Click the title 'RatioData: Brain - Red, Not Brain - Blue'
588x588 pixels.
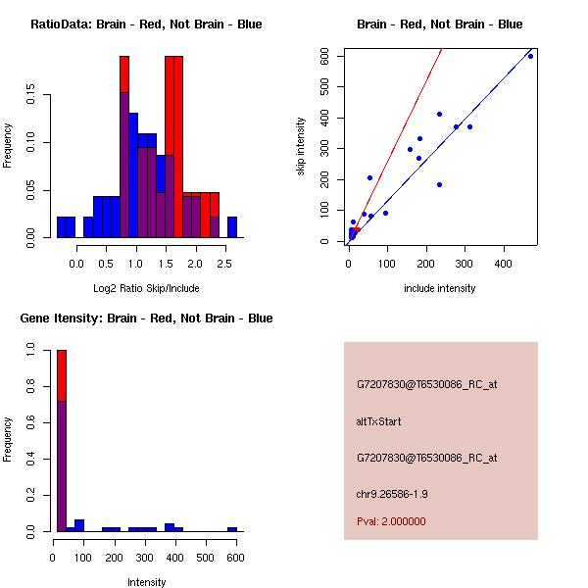pos(146,24)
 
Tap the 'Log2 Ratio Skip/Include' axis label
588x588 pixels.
pos(146,287)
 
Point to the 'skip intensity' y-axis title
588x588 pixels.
pos(301,146)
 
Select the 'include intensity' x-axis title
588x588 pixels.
pos(440,288)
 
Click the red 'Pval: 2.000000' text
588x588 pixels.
pos(391,521)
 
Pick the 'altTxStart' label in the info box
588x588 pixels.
pos(378,421)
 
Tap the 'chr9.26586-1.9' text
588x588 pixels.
pos(391,494)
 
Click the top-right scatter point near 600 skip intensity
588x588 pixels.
pos(530,56)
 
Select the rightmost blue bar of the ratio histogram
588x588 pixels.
pos(232,227)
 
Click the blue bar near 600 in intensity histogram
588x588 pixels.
pos(232,529)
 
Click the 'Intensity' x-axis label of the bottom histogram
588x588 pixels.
pos(146,582)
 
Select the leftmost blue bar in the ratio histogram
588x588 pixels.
pos(66,227)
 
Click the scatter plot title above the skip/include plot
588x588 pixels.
pos(440,24)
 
